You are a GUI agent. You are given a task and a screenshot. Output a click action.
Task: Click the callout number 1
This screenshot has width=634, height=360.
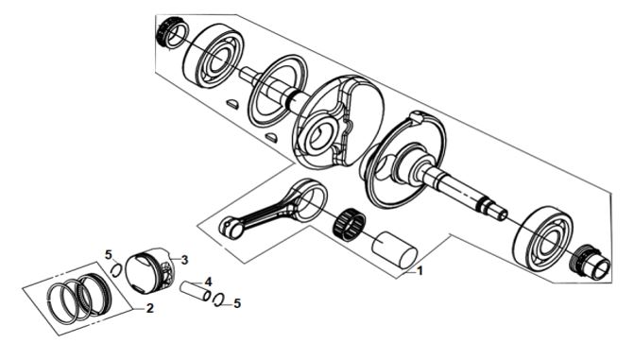(x=420, y=270)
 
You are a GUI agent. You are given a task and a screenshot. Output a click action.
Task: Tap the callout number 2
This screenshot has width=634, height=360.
(x=149, y=309)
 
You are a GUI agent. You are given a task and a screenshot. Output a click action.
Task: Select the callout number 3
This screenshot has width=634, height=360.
(x=184, y=260)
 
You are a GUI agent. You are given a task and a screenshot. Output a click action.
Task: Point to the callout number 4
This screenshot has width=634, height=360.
(x=208, y=282)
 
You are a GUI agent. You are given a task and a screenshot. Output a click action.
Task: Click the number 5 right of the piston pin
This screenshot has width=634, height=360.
(x=237, y=303)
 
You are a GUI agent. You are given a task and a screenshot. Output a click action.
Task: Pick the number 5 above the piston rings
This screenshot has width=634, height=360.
(x=108, y=255)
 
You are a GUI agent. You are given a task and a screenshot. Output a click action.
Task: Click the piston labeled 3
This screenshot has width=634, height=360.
(x=149, y=270)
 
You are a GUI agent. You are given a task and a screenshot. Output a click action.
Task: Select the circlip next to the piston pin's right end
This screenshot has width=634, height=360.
(x=218, y=300)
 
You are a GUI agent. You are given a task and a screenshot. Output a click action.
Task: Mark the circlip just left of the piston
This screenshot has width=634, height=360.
(x=116, y=269)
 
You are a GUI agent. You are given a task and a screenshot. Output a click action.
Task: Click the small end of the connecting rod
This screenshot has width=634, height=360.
(x=228, y=228)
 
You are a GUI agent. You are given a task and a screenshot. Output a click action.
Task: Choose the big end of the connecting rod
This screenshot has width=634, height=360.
(x=310, y=200)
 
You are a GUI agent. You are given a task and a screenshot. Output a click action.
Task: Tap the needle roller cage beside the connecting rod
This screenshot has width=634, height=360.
(x=350, y=222)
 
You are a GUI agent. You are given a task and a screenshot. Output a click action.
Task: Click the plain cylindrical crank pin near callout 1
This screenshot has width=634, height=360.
(x=395, y=249)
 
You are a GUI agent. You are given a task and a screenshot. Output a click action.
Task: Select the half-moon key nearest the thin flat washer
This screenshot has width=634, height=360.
(x=232, y=104)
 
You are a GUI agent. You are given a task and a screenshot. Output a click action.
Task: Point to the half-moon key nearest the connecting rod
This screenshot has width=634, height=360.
(x=271, y=137)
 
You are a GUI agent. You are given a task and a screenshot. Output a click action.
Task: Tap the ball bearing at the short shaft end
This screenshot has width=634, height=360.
(x=214, y=55)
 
